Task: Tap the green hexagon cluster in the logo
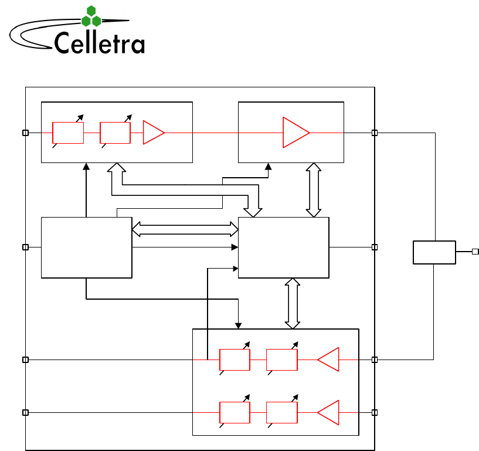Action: pyautogui.click(x=91, y=16)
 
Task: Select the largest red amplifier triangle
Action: pyautogui.click(x=295, y=133)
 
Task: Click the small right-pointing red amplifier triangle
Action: pyautogui.click(x=153, y=133)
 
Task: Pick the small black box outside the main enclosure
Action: pyautogui.click(x=434, y=252)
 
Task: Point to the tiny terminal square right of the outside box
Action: pyautogui.click(x=475, y=252)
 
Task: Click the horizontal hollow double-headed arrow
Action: pyautogui.click(x=185, y=229)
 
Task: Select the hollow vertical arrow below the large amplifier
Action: pyautogui.click(x=314, y=190)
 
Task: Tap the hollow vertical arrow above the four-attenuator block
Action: pyautogui.click(x=292, y=303)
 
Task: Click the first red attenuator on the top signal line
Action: pyautogui.click(x=68, y=133)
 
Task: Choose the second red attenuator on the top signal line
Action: pyautogui.click(x=115, y=133)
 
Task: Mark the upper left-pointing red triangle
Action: pyautogui.click(x=329, y=360)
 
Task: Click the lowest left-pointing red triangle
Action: pyautogui.click(x=329, y=412)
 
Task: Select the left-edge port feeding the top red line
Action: pyautogui.click(x=25, y=133)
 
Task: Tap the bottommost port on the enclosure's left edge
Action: pyautogui.click(x=25, y=412)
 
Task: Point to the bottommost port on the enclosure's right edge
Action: pyautogui.click(x=375, y=412)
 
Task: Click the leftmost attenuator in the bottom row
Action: pyautogui.click(x=235, y=412)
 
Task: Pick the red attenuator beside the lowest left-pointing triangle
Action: pyautogui.click(x=281, y=412)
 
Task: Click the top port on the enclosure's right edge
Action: pyautogui.click(x=375, y=133)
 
